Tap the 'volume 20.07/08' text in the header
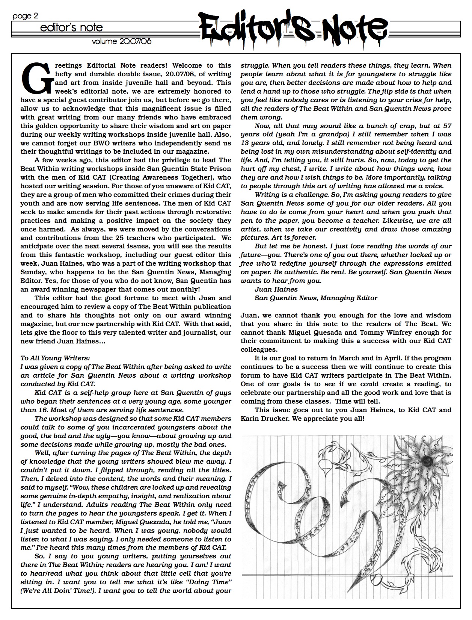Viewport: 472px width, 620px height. [x=122, y=41]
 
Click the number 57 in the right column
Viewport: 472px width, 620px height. [x=446, y=126]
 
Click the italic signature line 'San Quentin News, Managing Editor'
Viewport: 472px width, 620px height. [x=316, y=298]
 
